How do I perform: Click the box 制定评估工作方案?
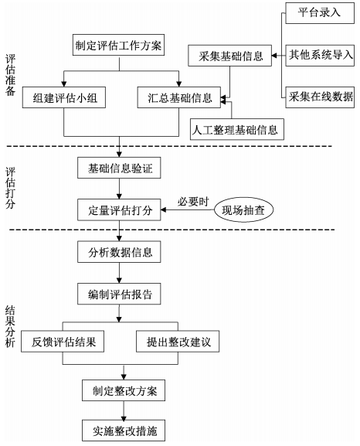click(120, 46)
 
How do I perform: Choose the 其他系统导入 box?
click(318, 55)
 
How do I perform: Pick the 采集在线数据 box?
click(318, 96)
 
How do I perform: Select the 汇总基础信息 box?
click(179, 98)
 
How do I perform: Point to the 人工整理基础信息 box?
click(236, 128)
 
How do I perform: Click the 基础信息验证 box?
click(120, 168)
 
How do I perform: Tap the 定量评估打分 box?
click(120, 209)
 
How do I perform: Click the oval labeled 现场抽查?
click(248, 209)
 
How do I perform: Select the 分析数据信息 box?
click(120, 252)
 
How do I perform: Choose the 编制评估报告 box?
click(120, 294)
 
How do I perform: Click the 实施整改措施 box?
click(120, 429)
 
